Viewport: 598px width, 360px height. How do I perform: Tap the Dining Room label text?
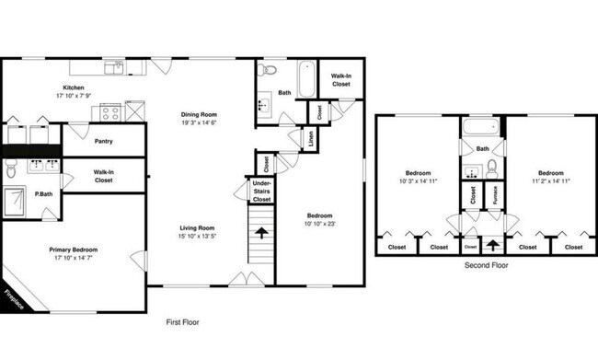[199, 114]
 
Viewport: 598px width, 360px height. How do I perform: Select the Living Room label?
[197, 227]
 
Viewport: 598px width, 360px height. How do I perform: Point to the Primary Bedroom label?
[74, 250]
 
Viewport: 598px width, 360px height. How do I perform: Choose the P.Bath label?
[42, 193]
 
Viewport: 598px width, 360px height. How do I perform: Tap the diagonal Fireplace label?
[13, 300]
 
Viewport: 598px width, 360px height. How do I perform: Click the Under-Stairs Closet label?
[261, 192]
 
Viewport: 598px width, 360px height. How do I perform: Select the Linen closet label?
[312, 139]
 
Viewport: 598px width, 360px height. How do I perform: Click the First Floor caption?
[182, 322]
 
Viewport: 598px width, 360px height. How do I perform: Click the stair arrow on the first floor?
[262, 232]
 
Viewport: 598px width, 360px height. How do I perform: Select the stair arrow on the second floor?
[494, 246]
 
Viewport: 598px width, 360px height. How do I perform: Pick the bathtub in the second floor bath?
[482, 128]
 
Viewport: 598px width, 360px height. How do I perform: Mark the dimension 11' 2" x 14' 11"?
[551, 182]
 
